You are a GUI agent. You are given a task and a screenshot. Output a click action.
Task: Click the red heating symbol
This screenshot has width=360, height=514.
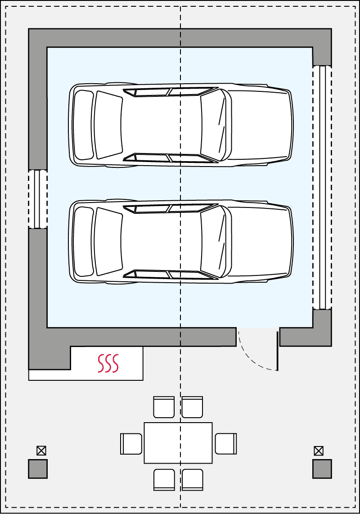tap(108, 363)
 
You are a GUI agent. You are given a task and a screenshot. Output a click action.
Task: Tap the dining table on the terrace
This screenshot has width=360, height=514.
tap(178, 443)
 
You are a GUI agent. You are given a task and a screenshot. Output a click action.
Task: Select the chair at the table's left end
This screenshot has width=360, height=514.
tap(131, 443)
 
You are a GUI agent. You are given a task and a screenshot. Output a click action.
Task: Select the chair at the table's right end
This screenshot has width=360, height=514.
tap(225, 443)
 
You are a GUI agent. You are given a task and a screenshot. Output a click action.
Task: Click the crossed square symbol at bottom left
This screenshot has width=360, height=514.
tap(41, 451)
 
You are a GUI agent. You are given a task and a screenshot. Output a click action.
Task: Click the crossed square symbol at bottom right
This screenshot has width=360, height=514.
tap(319, 451)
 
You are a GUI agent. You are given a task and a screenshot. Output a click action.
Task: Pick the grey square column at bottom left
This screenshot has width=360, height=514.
tap(38, 469)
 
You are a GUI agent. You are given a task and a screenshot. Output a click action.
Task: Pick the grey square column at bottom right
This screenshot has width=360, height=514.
tap(322, 469)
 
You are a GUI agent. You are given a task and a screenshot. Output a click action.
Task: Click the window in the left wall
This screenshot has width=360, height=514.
tap(38, 199)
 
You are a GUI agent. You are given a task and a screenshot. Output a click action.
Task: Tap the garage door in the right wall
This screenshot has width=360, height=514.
tap(322, 187)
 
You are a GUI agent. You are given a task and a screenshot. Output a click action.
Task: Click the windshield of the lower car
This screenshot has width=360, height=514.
tap(212, 241)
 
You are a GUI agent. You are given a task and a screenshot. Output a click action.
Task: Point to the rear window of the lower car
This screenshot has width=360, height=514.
tap(108, 241)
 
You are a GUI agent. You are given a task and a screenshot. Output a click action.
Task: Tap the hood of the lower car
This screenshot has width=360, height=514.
tap(259, 241)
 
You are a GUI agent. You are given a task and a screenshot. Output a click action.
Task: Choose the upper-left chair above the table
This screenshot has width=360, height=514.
tap(164, 407)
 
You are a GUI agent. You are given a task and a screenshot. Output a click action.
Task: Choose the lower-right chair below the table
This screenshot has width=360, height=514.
tap(192, 479)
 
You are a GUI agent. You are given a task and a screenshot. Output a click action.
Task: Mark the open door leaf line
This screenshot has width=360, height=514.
tap(277, 351)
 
